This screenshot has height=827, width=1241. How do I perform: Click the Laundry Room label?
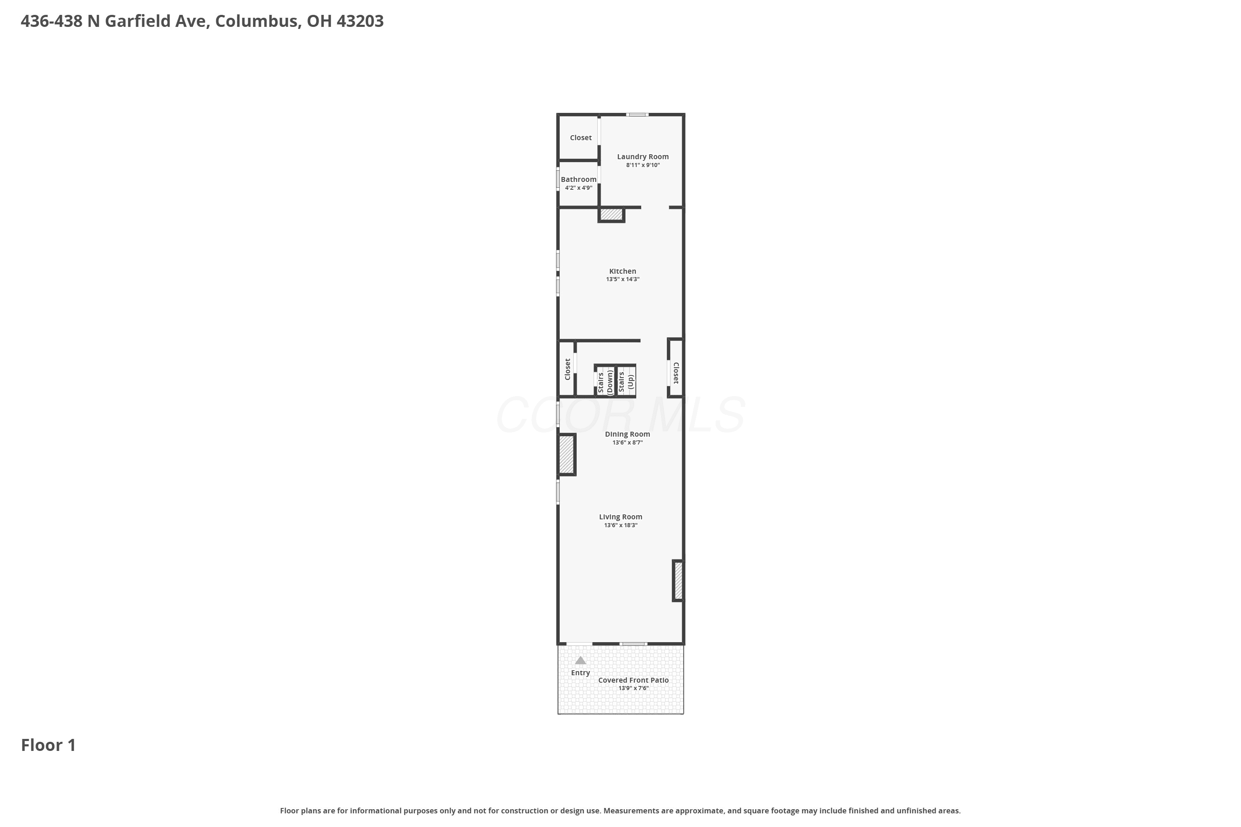tap(643, 157)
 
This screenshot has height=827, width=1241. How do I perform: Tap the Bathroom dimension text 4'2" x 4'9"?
tap(578, 188)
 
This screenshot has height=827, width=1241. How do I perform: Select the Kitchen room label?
tap(623, 271)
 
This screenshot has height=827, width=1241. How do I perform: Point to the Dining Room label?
tap(628, 434)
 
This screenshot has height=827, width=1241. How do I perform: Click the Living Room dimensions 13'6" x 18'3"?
tap(620, 525)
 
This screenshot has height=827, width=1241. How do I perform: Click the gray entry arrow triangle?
tap(580, 660)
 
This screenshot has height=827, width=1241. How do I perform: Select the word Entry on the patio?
tap(580, 673)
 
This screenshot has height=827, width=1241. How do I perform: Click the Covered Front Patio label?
tap(633, 680)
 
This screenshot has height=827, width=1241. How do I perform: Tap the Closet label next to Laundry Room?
tap(580, 138)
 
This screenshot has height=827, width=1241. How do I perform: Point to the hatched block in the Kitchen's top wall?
tap(611, 215)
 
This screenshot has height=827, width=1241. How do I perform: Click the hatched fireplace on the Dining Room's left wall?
tap(567, 454)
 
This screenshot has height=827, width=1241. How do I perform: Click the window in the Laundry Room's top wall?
tap(637, 115)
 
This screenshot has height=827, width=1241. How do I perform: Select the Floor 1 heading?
tap(48, 745)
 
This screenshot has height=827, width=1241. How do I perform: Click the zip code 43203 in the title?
tap(360, 21)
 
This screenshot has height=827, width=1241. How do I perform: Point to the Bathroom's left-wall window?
tap(558, 179)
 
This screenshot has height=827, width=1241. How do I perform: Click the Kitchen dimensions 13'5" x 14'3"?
tap(623, 280)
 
